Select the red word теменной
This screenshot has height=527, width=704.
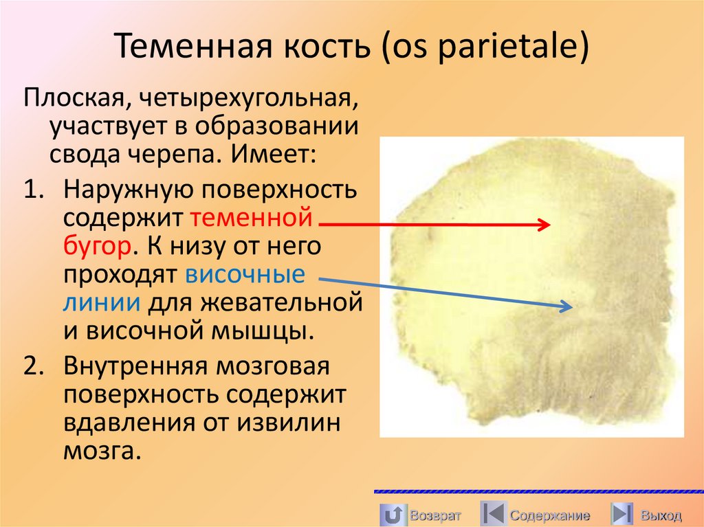point(252,218)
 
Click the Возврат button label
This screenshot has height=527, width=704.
point(434,515)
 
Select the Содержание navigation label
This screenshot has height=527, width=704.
point(549,515)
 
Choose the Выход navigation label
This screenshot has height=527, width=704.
point(661,515)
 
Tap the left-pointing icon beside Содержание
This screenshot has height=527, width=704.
point(492,514)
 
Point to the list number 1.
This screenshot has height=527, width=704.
point(34,190)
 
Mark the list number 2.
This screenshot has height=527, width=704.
point(34,366)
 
